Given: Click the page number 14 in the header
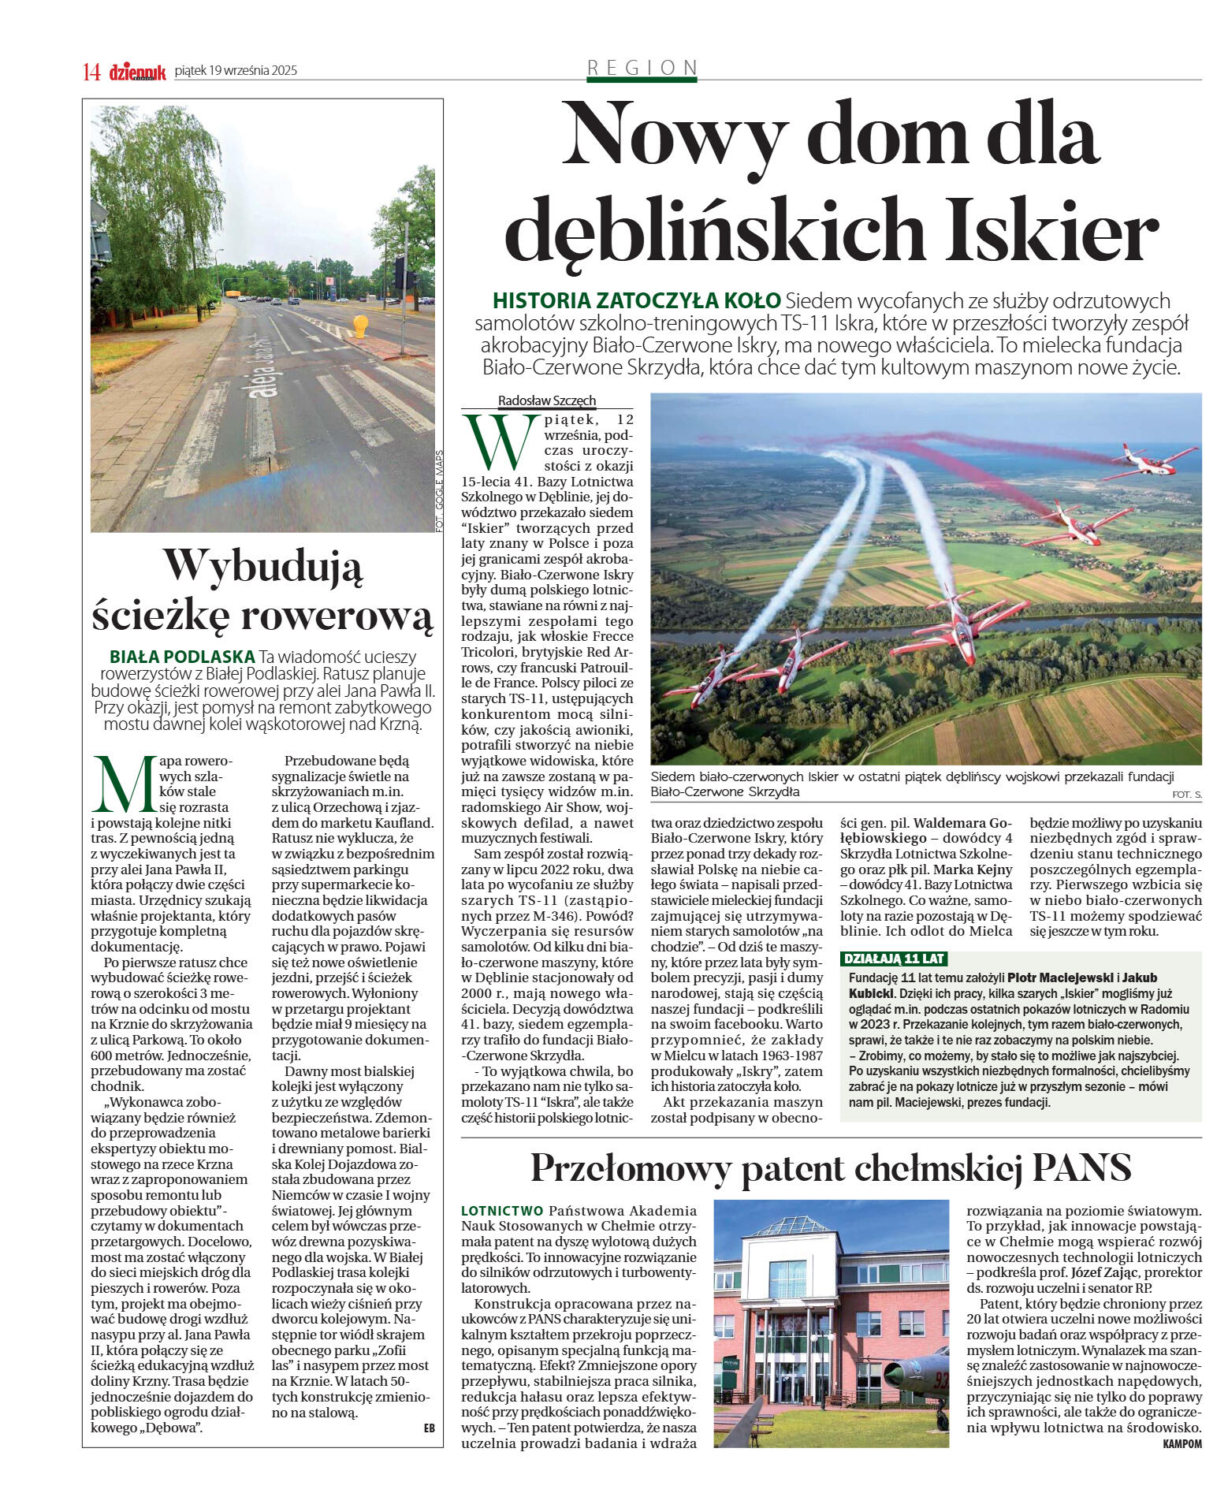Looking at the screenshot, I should point(91,73).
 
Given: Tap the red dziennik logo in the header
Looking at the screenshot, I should point(138,72).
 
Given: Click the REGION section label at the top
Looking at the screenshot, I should point(642,69).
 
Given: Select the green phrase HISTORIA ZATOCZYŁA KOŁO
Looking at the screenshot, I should point(636,300).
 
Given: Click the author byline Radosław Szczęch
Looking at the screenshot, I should point(547,400).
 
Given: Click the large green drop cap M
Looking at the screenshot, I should point(124,784).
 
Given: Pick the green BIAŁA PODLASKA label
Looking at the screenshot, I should point(182,656).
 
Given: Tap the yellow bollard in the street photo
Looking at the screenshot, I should point(360,325).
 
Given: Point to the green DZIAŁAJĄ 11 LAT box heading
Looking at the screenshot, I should point(894,959).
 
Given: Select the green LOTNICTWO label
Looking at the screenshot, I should point(502,1210).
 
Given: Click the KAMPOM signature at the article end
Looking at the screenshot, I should point(1181,1443).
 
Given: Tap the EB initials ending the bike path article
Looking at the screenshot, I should point(429,1428).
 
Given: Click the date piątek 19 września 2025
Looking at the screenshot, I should point(236,71).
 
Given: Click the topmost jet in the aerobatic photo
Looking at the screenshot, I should point(1152,463).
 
